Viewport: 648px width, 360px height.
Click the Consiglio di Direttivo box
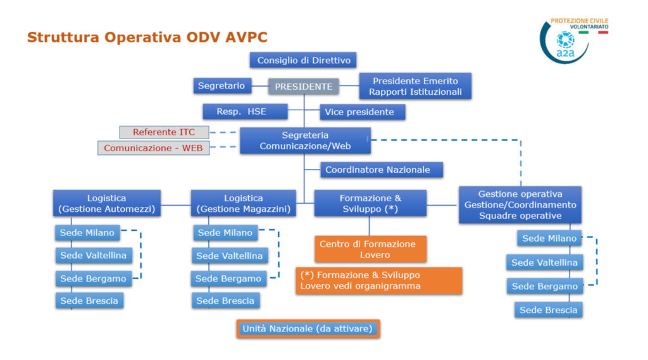pyautogui.click(x=303, y=60)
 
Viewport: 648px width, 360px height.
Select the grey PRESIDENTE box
pyautogui.click(x=304, y=87)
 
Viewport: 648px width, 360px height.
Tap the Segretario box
pyautogui.click(x=222, y=86)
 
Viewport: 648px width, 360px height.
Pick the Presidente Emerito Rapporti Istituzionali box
pyautogui.click(x=415, y=87)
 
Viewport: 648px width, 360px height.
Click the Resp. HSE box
pyautogui.click(x=245, y=111)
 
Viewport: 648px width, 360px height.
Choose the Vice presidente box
pyautogui.click(x=363, y=112)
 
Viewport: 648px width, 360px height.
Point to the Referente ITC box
pyautogui.click(x=164, y=132)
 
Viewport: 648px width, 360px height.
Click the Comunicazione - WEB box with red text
pyautogui.click(x=153, y=148)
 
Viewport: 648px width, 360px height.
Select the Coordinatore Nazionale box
pyautogui.click(x=382, y=170)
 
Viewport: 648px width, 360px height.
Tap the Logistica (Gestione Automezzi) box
pyautogui.click(x=106, y=203)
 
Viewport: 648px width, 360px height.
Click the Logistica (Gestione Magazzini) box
pyautogui.click(x=244, y=203)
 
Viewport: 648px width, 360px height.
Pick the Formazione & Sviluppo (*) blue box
pyautogui.click(x=370, y=203)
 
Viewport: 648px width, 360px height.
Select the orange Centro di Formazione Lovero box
pyautogui.click(x=370, y=249)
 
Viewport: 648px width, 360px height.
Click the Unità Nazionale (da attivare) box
pyautogui.click(x=308, y=329)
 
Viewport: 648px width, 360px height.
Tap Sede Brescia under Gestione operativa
pyautogui.click(x=549, y=310)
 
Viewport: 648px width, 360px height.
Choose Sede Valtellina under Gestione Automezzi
pyautogui.click(x=94, y=256)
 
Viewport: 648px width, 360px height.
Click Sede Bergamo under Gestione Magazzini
pyautogui.click(x=228, y=278)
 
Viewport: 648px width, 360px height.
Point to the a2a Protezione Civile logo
pyautogui.click(x=573, y=40)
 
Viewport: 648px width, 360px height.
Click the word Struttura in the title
pyautogui.click(x=63, y=37)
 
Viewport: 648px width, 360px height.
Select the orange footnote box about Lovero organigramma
pyautogui.click(x=379, y=281)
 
